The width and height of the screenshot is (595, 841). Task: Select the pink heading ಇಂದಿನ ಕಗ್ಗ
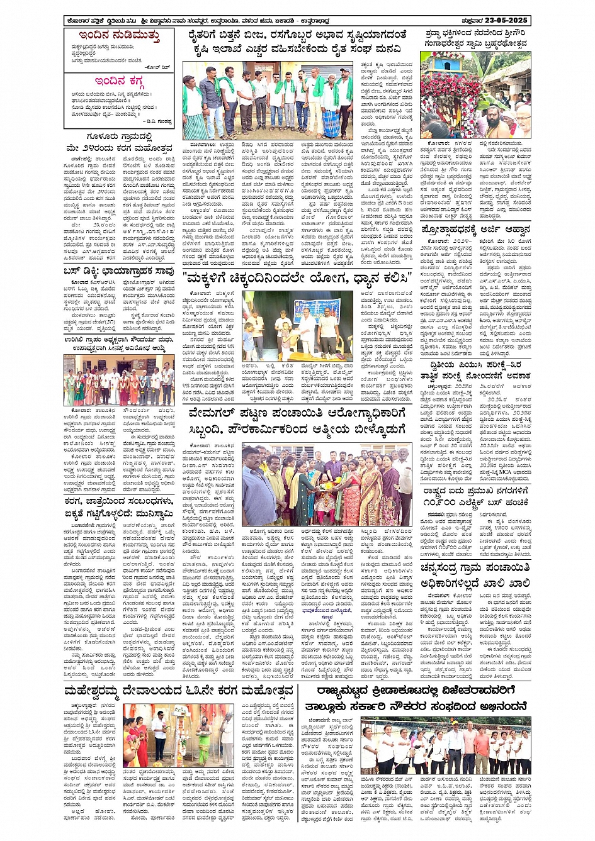pos(119,81)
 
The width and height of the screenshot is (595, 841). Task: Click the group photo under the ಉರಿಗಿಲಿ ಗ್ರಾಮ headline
pos(119,379)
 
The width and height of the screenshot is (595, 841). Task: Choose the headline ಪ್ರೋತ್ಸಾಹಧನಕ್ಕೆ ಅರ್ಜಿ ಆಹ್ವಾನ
pos(475,230)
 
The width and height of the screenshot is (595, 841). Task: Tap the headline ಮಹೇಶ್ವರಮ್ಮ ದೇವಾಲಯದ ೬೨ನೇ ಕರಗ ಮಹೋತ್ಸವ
pos(179,690)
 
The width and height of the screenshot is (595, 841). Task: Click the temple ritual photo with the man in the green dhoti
pos(178,735)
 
